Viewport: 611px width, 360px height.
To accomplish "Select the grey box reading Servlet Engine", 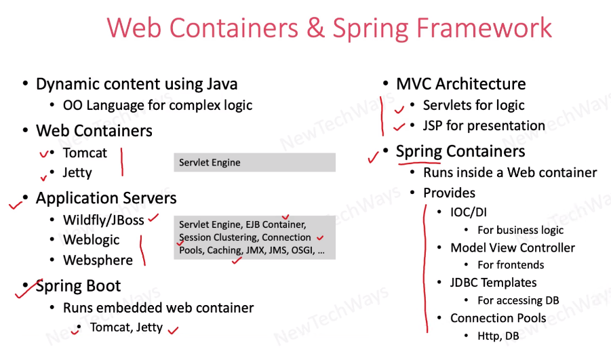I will (x=254, y=163).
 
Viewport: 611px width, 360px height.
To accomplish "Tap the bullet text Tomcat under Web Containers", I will (x=85, y=153).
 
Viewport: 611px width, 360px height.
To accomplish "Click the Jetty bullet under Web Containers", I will (x=77, y=173).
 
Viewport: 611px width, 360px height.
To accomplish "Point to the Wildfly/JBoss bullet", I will (x=103, y=220).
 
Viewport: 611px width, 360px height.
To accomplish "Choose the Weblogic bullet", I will (x=91, y=240).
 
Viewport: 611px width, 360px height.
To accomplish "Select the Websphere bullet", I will (x=98, y=260).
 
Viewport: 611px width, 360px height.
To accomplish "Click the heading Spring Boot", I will (x=78, y=286).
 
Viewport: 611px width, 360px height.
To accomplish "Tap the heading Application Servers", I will (x=106, y=198).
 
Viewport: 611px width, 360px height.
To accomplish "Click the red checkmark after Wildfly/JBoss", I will (x=153, y=218).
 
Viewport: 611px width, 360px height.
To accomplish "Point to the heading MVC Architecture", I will (x=460, y=84).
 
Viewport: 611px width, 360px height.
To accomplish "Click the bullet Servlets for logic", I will (x=473, y=105).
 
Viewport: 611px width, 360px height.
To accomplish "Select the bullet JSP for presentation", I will (x=484, y=125).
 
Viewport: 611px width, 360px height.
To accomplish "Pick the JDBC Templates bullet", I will (x=493, y=283).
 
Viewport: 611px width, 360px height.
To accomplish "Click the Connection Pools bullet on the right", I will (x=498, y=318).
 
